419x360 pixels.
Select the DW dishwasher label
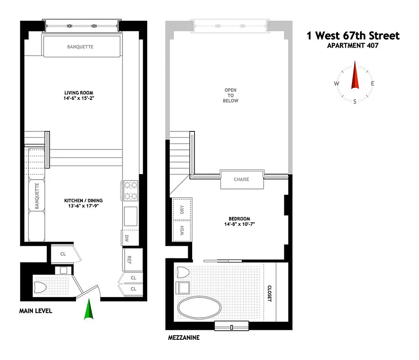tap(128, 238)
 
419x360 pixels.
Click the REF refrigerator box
tap(130, 259)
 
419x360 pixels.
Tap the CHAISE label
tap(241, 180)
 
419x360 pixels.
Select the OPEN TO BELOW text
tap(230, 95)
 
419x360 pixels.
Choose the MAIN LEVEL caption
tap(36, 311)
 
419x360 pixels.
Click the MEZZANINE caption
tap(183, 337)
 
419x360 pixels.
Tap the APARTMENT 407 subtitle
tap(353, 45)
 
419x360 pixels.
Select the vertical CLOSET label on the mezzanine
tap(270, 293)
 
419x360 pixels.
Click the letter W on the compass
tap(336, 84)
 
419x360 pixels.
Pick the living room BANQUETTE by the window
tap(81, 47)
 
